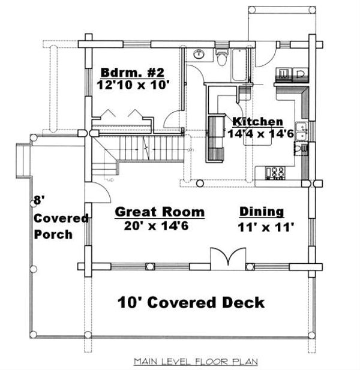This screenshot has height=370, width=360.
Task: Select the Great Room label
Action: (x=160, y=212)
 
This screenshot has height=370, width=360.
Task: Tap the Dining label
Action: (x=262, y=212)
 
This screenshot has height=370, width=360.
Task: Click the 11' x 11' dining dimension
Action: (x=266, y=227)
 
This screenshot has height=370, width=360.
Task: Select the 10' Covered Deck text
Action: (x=190, y=302)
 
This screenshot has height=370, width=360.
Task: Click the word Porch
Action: (x=53, y=234)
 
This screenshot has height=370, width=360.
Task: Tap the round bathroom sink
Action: (x=199, y=55)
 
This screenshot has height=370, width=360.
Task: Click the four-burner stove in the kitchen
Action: (x=277, y=173)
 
